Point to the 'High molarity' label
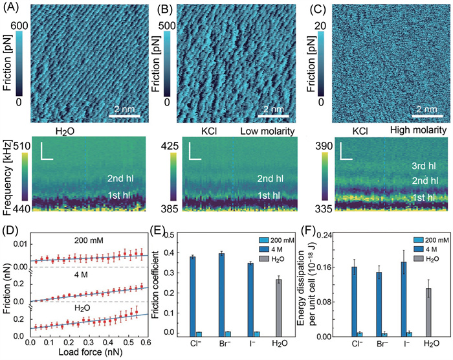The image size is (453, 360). click(x=419, y=131)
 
